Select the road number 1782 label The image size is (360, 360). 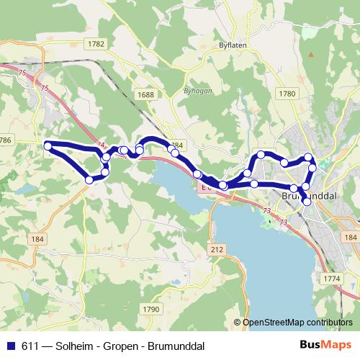[96, 44]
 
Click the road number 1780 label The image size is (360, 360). [287, 93]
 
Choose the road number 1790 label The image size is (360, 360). [151, 309]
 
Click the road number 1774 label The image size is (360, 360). [332, 277]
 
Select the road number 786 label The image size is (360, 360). [6, 139]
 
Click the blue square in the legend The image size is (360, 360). [12, 345]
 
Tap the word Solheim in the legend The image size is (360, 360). [78, 345]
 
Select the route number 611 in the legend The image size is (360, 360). [32, 345]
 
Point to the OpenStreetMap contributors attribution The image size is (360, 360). [294, 323]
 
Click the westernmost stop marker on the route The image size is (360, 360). [48, 146]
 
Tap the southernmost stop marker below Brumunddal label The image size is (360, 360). [307, 202]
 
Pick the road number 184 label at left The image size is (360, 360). [38, 238]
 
